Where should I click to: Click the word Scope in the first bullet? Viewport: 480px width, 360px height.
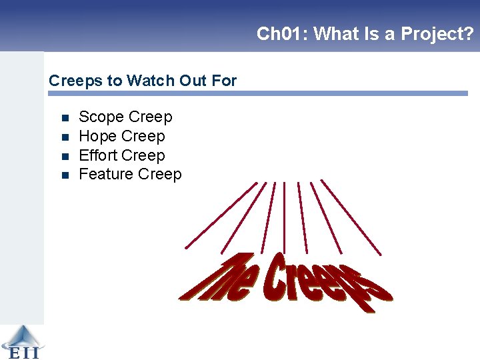(x=101, y=117)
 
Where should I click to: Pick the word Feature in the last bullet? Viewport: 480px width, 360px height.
(x=105, y=175)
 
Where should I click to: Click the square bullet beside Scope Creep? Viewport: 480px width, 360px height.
(x=65, y=118)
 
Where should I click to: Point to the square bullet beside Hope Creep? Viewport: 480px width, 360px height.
(x=65, y=137)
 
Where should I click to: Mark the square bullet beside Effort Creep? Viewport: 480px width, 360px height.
(x=65, y=156)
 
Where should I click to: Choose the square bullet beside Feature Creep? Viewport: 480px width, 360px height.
(x=65, y=175)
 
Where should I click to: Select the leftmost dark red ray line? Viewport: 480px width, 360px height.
(x=220, y=215)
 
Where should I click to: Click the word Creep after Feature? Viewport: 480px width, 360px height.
(x=159, y=175)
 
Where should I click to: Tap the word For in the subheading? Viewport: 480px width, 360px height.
(x=224, y=81)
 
